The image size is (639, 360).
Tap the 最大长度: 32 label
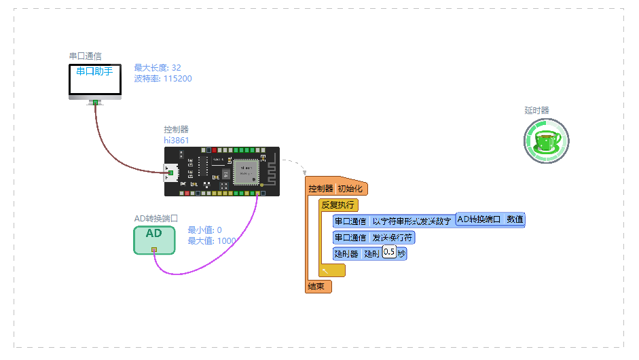coord(158,68)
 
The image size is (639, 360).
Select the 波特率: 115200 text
coord(163,79)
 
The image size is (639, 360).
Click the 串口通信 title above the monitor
coord(86,56)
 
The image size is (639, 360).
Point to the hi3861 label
coord(176,140)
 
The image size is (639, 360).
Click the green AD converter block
coord(154,239)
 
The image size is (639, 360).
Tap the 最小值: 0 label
coord(204,230)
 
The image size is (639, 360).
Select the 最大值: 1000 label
coord(212,241)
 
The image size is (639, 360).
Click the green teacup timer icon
coord(547,141)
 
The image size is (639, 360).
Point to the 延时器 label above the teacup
coord(536,110)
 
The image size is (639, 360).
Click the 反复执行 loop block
coord(338,204)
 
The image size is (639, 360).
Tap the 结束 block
coord(318,287)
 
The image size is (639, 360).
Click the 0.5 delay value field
coord(389,253)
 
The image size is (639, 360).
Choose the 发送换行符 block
coord(392,238)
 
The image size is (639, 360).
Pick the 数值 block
coord(515,219)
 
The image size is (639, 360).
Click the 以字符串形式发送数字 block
coord(411,221)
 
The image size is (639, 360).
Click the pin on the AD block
coord(154,251)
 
